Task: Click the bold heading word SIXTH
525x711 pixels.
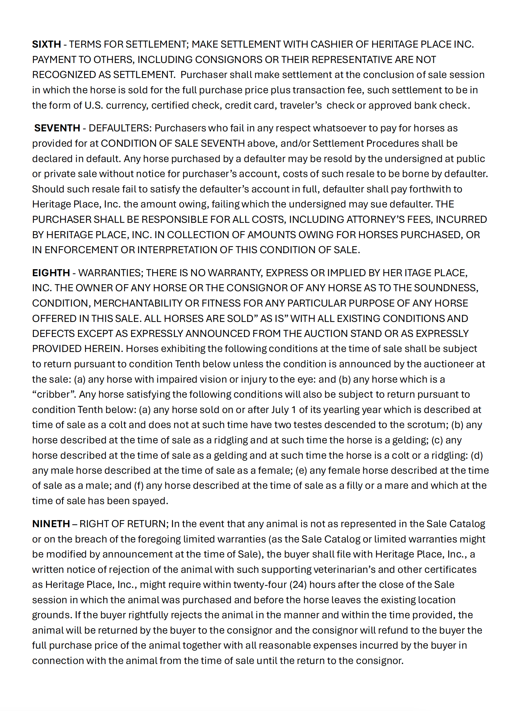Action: [x=46, y=44]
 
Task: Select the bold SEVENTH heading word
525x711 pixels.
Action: [x=57, y=128]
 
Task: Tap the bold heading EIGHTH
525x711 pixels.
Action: [x=51, y=273]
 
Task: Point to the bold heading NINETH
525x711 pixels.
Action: [x=51, y=524]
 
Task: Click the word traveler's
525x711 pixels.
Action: [x=301, y=105]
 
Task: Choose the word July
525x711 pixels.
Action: [x=280, y=410]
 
